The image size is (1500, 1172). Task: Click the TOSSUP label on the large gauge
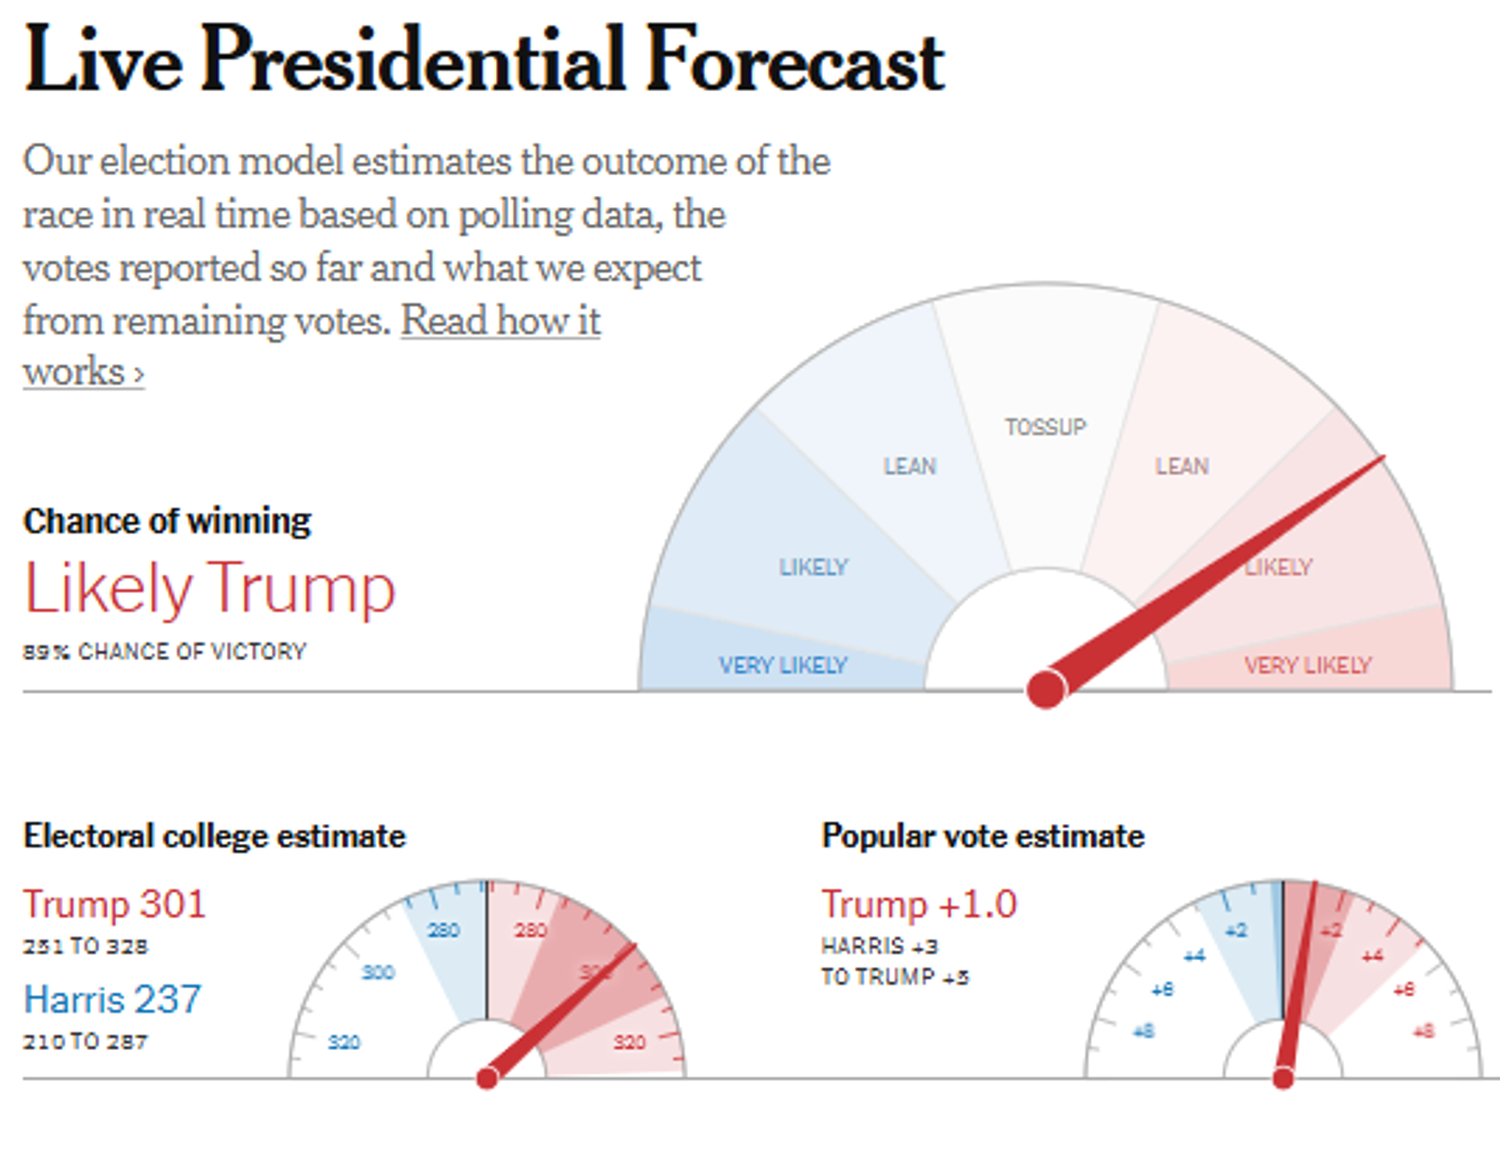point(1045,428)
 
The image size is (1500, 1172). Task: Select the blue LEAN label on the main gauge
point(909,466)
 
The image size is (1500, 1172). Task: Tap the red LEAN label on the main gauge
point(1181,466)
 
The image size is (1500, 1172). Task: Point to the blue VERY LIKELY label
point(783,666)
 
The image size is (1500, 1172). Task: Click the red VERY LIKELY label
point(1308,666)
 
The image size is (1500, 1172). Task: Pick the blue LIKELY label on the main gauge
point(814,567)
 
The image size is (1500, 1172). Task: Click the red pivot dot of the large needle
point(1046,689)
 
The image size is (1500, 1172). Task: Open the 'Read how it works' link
point(501,322)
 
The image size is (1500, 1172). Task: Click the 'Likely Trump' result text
point(210,589)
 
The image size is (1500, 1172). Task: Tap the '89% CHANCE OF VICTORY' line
point(165,652)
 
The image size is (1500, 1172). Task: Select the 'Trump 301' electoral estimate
point(114,905)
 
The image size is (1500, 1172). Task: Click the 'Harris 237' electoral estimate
point(112,999)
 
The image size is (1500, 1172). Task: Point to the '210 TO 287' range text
point(85,1042)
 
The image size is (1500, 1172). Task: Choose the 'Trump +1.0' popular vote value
point(919,905)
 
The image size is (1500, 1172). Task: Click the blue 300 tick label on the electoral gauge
point(378,972)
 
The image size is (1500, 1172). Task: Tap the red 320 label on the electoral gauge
point(629,1042)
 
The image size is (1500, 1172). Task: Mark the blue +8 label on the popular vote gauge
point(1144,1031)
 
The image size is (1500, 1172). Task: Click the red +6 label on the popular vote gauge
point(1403,989)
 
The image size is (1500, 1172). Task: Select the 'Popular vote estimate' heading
point(982,836)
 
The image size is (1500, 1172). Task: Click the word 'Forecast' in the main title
point(795,60)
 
